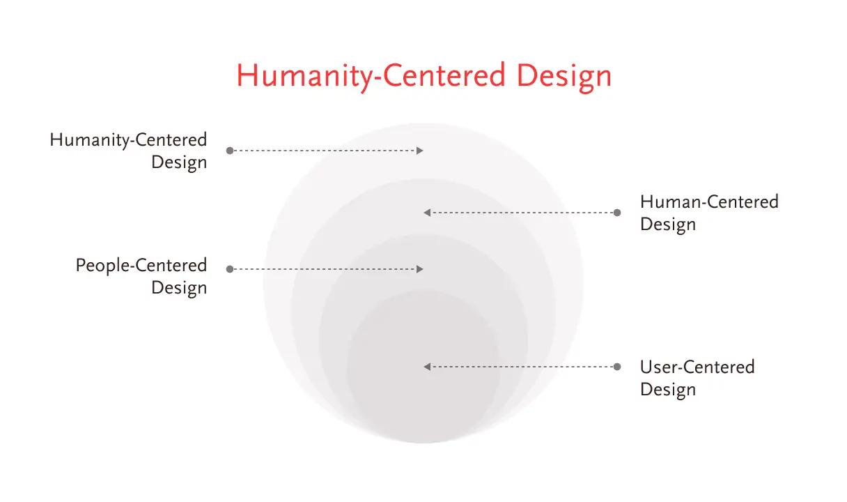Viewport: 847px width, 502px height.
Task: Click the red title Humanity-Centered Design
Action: point(424,77)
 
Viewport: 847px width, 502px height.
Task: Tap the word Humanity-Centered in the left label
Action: point(128,140)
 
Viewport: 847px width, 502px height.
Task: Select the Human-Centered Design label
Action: point(709,213)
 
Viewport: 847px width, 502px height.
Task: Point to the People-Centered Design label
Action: point(141,277)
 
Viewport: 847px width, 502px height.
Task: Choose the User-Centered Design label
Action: point(697,378)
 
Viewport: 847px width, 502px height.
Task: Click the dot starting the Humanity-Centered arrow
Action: point(230,151)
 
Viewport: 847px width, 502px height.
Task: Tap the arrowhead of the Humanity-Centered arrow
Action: point(420,151)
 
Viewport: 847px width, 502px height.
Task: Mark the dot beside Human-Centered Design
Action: point(617,213)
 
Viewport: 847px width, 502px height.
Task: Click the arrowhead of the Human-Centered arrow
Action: point(427,213)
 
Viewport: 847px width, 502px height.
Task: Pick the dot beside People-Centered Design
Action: point(230,269)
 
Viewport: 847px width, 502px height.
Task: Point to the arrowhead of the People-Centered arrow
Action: point(420,269)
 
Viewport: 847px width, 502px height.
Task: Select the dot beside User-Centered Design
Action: point(617,367)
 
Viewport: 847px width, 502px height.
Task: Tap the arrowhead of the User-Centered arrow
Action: point(427,367)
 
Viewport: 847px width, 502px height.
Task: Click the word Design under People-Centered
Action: point(179,289)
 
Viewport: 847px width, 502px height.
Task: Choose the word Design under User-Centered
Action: point(668,390)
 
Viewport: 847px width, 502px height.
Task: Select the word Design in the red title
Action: point(564,77)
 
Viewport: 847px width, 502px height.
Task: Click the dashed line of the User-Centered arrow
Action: point(522,367)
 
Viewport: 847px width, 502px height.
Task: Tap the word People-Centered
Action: point(141,266)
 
